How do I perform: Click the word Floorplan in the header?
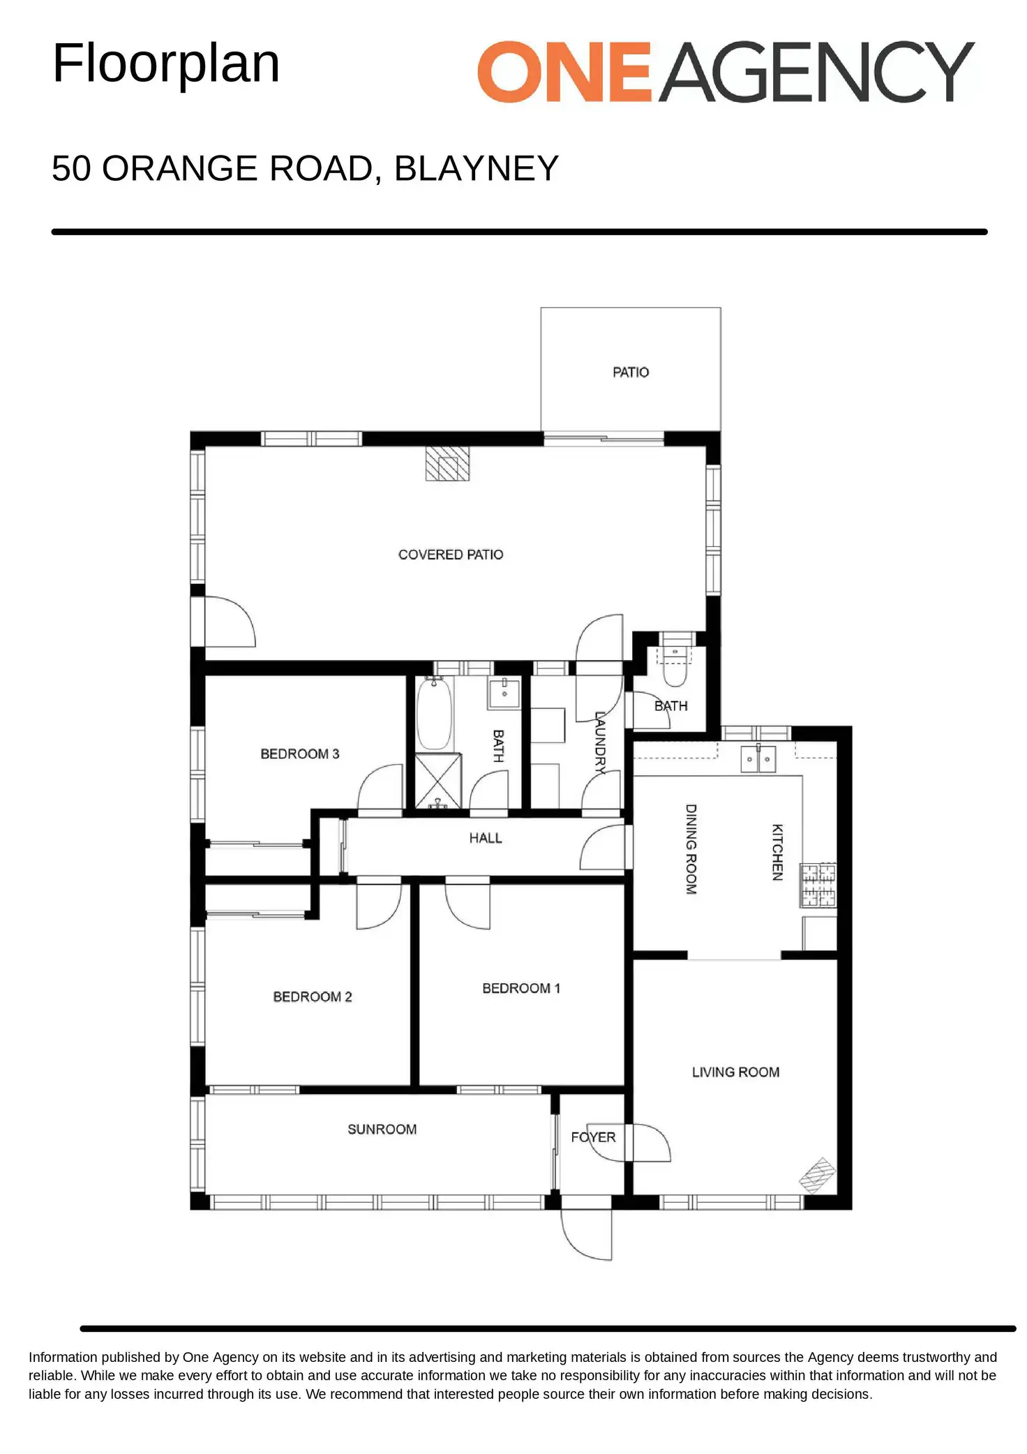166,63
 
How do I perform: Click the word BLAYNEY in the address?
477,168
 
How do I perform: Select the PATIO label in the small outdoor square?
631,373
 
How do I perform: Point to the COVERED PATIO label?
451,555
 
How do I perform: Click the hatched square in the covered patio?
447,463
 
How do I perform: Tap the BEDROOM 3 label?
300,754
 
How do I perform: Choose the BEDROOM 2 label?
313,996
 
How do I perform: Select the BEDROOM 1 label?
521,988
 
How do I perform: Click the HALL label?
486,838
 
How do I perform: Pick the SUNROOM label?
382,1129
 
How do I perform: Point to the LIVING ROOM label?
735,1072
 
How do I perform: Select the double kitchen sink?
758,758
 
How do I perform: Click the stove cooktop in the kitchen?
818,885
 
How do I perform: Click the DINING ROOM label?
691,849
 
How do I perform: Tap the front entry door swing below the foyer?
587,1234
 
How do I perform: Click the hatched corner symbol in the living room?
817,1175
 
